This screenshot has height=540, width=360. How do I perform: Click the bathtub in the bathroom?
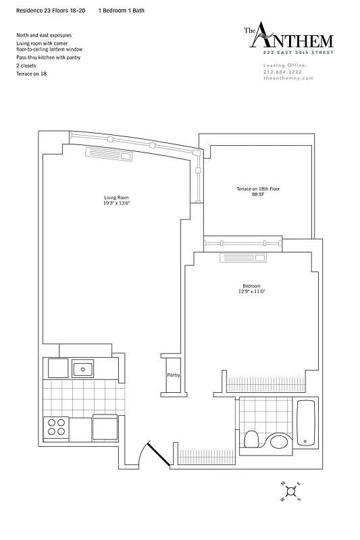click(306, 423)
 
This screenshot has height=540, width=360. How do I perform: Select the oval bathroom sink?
click(278, 442)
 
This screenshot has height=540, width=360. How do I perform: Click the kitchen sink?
click(83, 369)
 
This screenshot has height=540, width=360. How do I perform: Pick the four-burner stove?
click(56, 427)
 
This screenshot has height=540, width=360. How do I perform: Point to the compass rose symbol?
click(290, 491)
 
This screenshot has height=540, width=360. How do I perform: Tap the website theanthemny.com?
click(288, 78)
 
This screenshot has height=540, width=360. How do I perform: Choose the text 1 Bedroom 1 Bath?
click(121, 11)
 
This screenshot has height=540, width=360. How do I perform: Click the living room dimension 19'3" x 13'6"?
click(116, 203)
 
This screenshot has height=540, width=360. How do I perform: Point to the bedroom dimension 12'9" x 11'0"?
click(251, 292)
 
